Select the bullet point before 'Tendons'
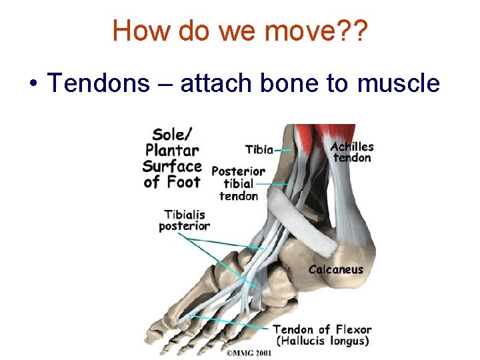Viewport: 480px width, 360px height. click(x=32, y=85)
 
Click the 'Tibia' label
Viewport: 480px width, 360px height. click(x=259, y=149)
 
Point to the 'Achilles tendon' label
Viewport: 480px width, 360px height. click(x=352, y=152)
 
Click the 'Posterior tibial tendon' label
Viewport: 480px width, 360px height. click(x=238, y=183)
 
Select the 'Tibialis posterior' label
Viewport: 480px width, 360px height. click(x=184, y=220)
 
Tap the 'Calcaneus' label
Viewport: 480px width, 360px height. click(x=335, y=270)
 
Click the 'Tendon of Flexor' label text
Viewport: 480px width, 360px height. click(x=322, y=329)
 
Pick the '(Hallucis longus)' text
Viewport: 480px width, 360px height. click(x=322, y=341)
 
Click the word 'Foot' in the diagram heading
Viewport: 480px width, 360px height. click(x=183, y=181)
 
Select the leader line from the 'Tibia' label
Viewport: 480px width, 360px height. click(x=283, y=150)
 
